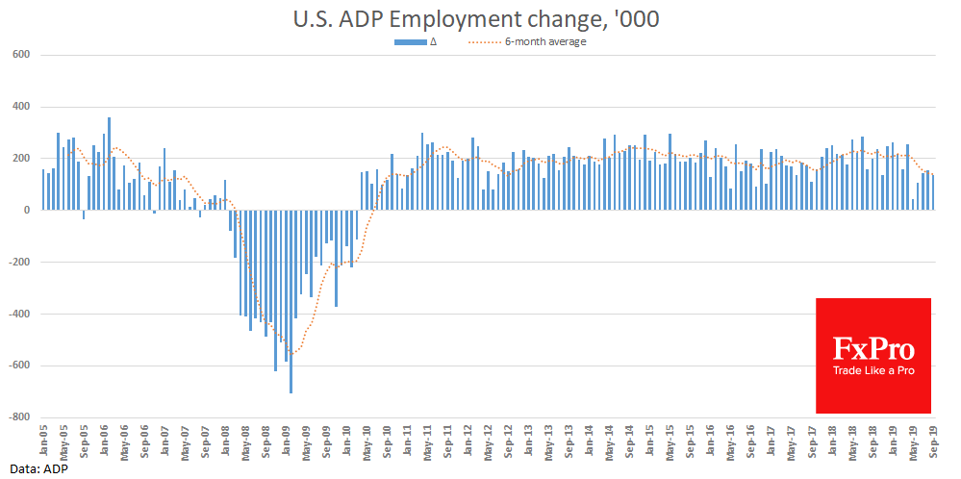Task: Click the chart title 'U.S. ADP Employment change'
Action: point(477,18)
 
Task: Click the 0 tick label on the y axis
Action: point(28,210)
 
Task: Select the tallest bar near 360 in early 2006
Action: point(109,164)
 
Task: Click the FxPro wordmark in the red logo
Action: point(873,348)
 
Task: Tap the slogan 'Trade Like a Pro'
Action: point(873,371)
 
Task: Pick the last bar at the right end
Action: point(933,192)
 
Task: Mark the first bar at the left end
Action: point(43,189)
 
